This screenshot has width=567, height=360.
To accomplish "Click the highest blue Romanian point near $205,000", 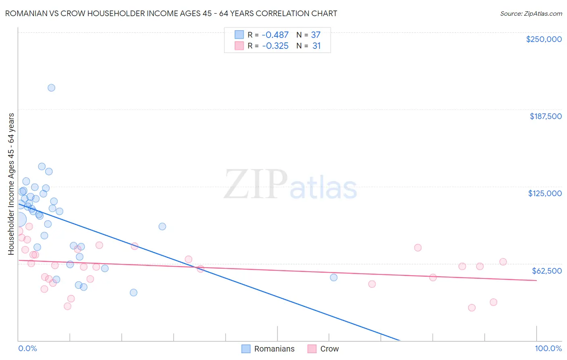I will [51, 88].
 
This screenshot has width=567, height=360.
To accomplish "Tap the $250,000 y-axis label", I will [544, 39].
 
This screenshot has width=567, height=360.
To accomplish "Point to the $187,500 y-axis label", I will [545, 116].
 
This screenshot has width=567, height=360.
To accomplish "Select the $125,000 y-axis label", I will [545, 193].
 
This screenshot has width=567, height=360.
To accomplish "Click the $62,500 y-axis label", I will [546, 271].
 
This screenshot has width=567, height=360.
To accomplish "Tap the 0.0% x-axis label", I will [27, 348].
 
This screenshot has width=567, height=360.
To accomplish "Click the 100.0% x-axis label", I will [548, 348].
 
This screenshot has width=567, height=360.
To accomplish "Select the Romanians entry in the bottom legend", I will [274, 349].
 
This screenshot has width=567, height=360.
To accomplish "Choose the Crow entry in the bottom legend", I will [329, 349].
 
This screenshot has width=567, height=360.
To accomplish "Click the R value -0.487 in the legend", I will [275, 35].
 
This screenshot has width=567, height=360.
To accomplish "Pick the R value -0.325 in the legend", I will [275, 46].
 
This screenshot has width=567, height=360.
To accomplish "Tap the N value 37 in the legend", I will [315, 35].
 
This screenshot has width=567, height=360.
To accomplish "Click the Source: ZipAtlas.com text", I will [531, 13].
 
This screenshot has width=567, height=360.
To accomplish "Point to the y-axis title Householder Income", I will [11, 184].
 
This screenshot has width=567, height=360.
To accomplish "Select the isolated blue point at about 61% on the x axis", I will [334, 277].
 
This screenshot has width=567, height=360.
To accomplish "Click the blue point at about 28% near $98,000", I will [162, 226].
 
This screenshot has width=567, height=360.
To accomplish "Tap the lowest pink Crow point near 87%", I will [472, 308].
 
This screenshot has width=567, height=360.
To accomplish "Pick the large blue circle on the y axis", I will [19, 220].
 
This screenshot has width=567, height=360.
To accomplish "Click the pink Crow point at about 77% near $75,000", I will [418, 247].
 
